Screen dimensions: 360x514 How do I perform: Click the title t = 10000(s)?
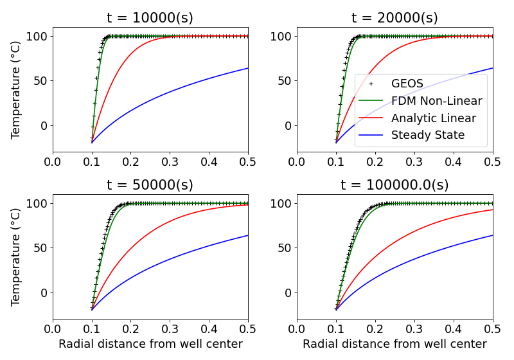point(150,17)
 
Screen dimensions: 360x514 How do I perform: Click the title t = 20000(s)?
point(394,17)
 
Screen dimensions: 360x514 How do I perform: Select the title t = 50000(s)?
point(150,185)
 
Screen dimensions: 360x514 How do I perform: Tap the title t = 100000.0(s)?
point(394,185)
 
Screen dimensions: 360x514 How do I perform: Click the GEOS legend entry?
point(407,84)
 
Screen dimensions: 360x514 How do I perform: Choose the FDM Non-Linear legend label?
point(436,101)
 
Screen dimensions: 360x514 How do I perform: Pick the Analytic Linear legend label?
point(433,118)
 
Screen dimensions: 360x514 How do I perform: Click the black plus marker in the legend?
point(371,84)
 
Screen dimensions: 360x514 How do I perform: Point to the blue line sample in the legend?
point(371,136)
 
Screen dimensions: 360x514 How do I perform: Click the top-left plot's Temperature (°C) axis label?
point(16,89)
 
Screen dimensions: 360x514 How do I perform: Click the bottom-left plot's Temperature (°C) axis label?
point(16,256)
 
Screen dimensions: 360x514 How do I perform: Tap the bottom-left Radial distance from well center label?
point(150,344)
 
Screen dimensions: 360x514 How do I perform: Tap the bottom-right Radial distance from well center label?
point(394,344)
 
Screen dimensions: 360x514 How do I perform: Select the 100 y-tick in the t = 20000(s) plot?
point(280,36)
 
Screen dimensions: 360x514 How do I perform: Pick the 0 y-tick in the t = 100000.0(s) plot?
point(287,292)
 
